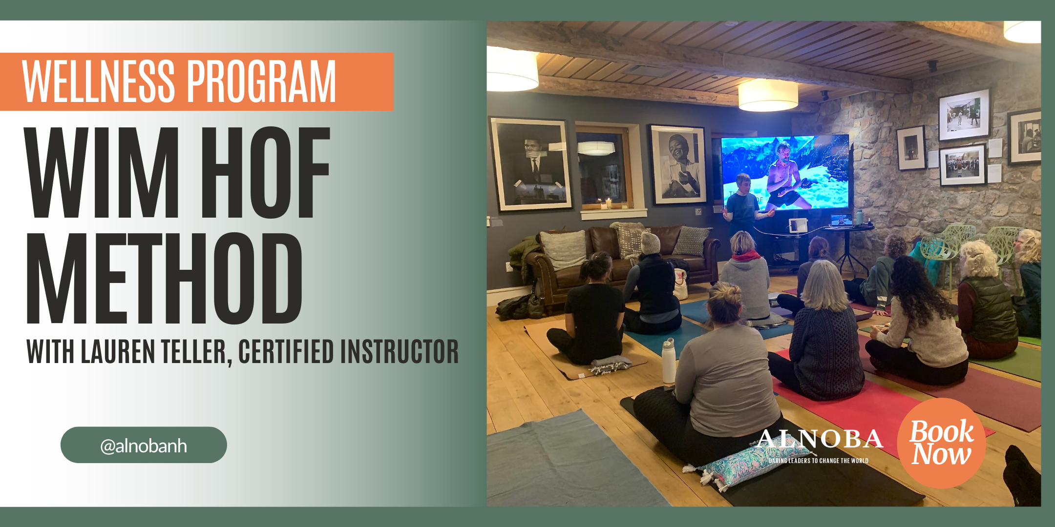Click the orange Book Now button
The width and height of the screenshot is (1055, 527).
coord(941,443)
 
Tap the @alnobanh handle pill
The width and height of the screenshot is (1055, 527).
coord(144,445)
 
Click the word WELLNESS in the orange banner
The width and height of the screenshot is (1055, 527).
coord(98,81)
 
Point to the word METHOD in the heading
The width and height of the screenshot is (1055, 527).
coord(164,278)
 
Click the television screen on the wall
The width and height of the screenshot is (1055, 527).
coord(785,172)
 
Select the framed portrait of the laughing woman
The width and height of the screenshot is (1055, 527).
coord(678,164)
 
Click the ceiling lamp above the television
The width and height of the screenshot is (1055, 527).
coord(768,95)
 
